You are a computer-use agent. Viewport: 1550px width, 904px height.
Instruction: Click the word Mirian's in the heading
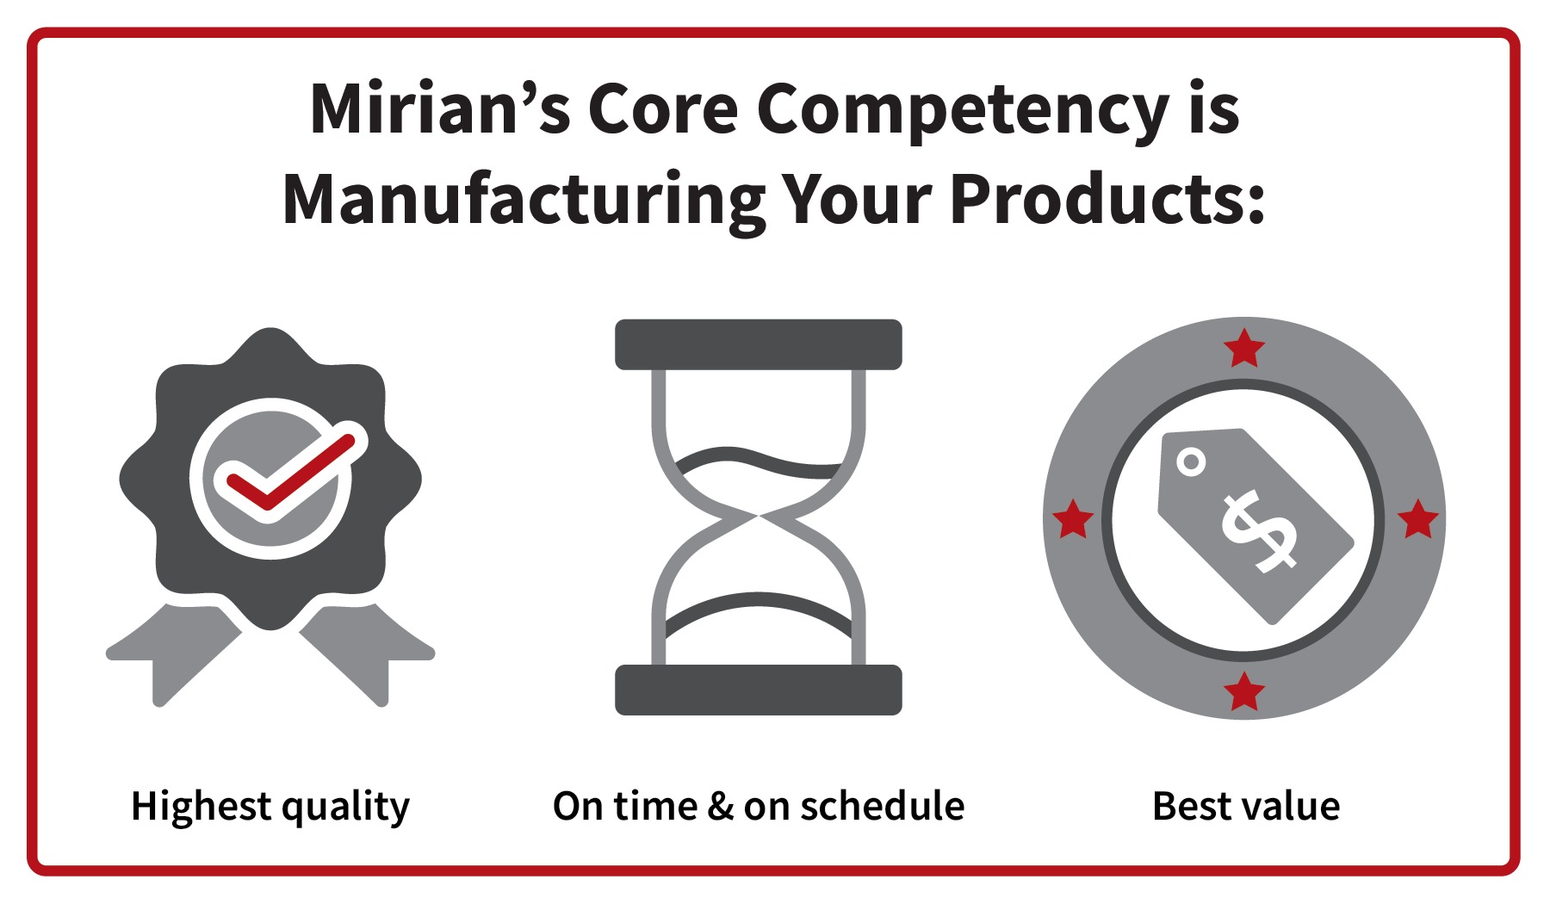pos(439,110)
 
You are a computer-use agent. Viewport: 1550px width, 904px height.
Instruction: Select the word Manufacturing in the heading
pos(524,200)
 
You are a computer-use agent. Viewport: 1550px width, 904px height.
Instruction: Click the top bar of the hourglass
pos(758,344)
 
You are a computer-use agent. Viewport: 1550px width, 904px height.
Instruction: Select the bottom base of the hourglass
pos(758,690)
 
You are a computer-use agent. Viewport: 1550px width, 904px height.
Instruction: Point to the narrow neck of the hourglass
pos(758,516)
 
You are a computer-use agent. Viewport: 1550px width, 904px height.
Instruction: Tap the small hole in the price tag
pos(1191,462)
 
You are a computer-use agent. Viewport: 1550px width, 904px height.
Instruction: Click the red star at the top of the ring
pos(1244,349)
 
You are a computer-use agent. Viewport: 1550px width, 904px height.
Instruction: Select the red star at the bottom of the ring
pos(1244,692)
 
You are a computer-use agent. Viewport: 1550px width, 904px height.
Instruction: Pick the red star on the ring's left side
pos(1073,519)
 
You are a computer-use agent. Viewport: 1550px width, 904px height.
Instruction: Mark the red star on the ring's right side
pos(1417,519)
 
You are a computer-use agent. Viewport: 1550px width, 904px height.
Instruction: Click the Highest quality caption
pos(270,808)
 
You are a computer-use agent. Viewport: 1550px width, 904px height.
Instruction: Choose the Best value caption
pos(1246,808)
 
